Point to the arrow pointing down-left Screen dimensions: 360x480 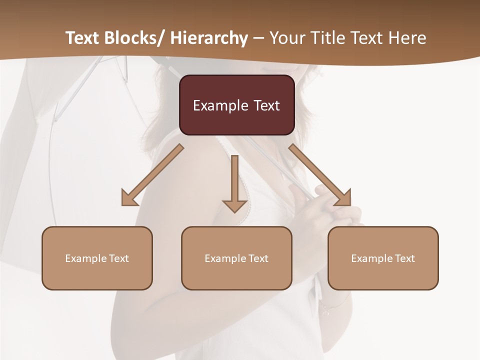pyautogui.click(x=153, y=174)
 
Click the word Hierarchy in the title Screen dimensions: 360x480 pyautogui.click(x=209, y=38)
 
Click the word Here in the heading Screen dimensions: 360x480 pyautogui.click(x=408, y=38)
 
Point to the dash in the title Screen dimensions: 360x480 pyautogui.click(x=258, y=38)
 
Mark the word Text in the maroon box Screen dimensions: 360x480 pyautogui.click(x=266, y=105)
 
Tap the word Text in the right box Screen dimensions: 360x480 pyautogui.click(x=405, y=258)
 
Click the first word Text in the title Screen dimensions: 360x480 pyautogui.click(x=83, y=38)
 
